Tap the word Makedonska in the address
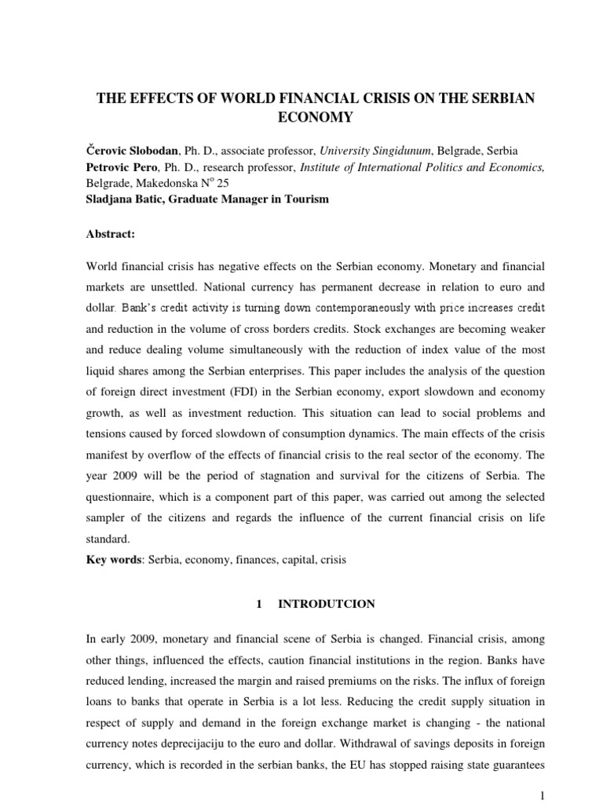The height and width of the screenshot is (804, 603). [166, 183]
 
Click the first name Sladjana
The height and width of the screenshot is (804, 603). [106, 199]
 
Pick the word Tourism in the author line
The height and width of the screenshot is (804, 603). [308, 199]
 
